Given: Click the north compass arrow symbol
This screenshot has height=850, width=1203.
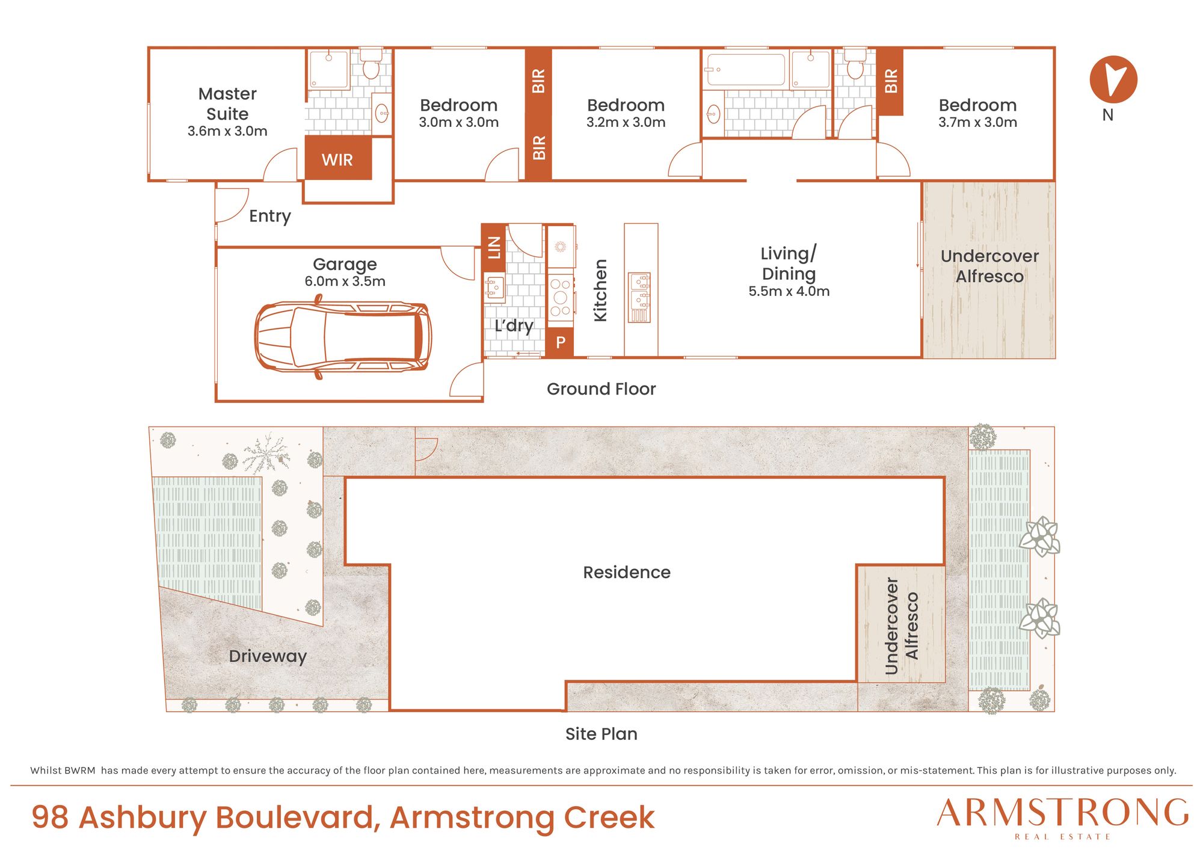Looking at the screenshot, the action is pos(1113,79).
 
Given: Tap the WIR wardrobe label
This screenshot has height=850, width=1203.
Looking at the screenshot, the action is pos(337,160).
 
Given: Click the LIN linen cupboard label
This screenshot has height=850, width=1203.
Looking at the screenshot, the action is pos(494,247).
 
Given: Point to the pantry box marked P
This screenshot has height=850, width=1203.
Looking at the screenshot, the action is pos(560,343).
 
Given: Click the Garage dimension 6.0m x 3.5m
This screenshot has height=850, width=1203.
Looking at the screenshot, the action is pos(345,282).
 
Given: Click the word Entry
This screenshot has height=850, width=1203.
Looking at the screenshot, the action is pos(270,216).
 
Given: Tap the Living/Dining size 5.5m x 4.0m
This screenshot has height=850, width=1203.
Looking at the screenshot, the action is pos(789,291).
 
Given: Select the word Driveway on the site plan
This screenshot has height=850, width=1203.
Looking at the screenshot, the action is pos(268,656).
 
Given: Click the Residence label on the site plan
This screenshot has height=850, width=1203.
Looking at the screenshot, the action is pos(627,572).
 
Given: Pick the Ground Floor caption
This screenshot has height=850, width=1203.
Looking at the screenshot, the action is pos(601,389).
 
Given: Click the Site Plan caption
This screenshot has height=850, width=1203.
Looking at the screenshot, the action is pos(601,734).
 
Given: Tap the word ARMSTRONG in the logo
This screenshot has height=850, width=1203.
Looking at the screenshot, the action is pos(1063,813).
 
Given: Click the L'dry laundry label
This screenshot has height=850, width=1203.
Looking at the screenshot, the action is pos(514,326).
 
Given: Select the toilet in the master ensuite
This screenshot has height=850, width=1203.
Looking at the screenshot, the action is pos(371,64).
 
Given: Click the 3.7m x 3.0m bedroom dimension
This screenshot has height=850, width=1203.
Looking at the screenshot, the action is pos(977,123).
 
